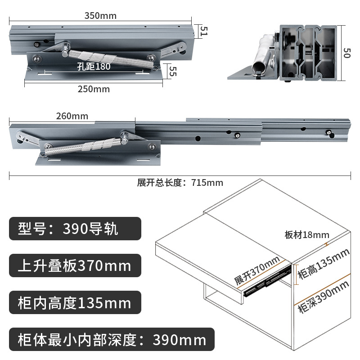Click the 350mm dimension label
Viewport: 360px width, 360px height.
(100, 16)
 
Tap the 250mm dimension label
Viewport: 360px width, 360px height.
(94, 89)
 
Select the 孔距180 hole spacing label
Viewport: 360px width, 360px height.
(94, 67)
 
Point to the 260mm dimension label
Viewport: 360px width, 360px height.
(72, 116)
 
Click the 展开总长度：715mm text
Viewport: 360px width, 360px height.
(180, 183)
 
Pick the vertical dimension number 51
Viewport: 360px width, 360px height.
(204, 31)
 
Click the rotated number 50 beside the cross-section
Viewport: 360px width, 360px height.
(346, 53)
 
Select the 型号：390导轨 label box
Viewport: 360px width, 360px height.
(75, 229)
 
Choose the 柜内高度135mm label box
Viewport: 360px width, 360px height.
(75, 302)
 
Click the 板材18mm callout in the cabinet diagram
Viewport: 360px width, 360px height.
(307, 235)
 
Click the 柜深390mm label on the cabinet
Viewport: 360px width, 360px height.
(323, 296)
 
